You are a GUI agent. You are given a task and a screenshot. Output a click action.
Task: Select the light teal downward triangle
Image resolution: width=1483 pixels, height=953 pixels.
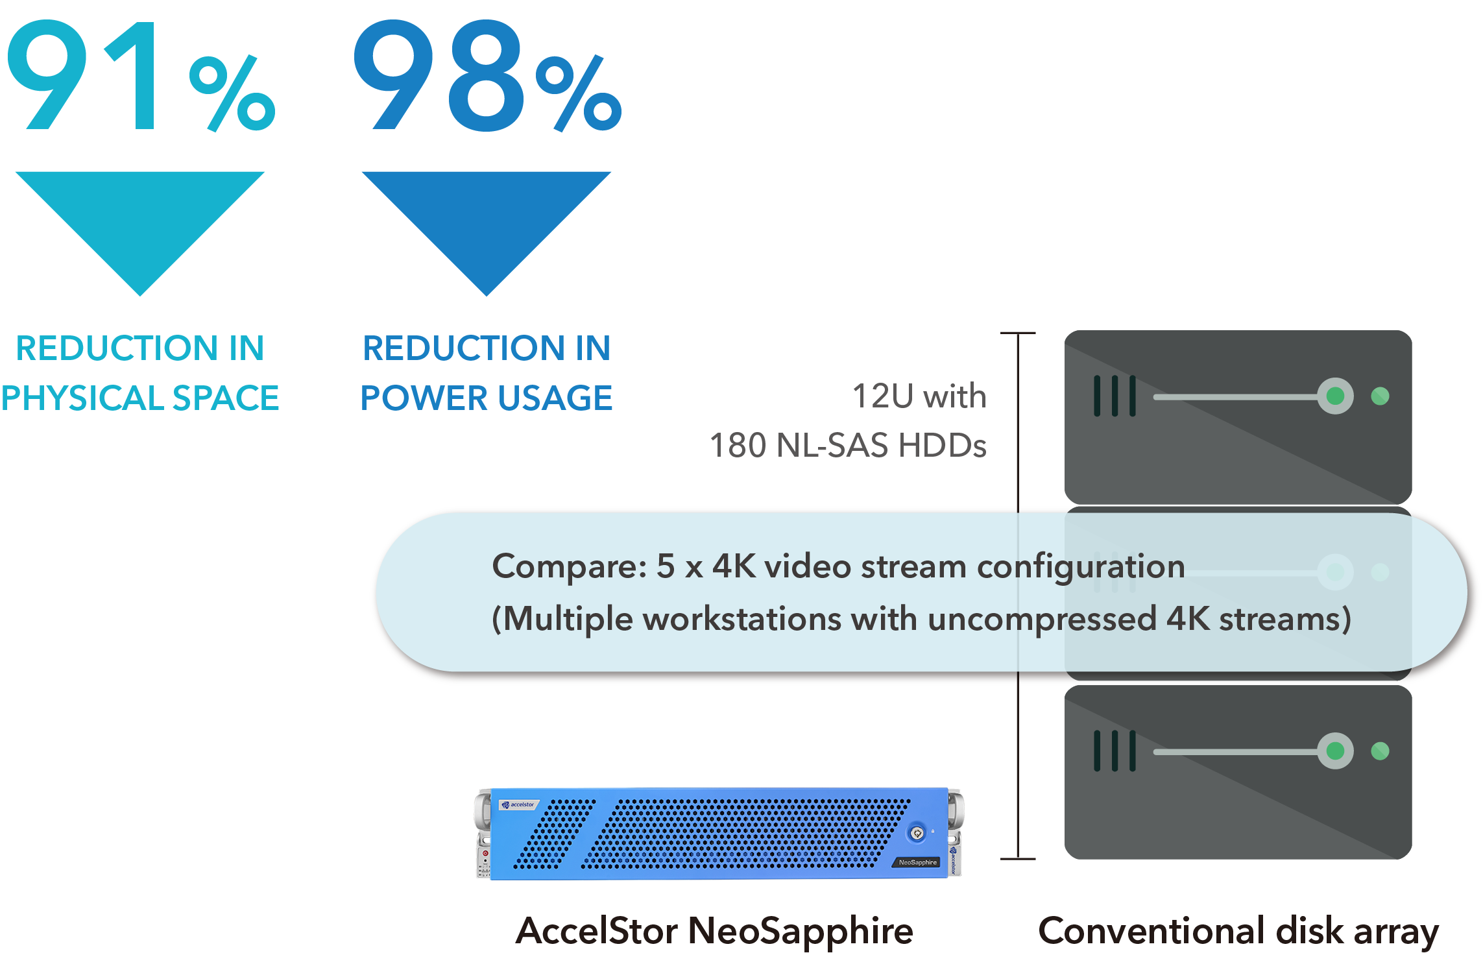click(139, 221)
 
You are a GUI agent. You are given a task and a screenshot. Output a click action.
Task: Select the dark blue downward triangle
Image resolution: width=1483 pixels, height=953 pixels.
click(486, 221)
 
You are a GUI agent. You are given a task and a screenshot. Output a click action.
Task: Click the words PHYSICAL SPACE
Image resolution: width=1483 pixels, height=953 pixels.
click(140, 398)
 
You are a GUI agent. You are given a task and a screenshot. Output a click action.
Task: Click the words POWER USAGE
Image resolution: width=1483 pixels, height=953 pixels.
click(487, 398)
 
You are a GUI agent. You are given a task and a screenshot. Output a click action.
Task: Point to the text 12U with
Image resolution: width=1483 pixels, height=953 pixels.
click(919, 396)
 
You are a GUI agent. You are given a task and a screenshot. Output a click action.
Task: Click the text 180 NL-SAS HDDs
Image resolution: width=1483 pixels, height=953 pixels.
click(848, 446)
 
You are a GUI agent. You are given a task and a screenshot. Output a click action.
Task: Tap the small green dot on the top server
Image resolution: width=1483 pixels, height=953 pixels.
click(1380, 396)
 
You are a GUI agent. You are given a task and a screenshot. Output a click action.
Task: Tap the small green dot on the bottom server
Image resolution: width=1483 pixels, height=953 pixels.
click(1380, 751)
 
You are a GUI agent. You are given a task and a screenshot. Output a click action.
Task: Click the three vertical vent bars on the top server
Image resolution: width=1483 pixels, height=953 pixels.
click(1115, 396)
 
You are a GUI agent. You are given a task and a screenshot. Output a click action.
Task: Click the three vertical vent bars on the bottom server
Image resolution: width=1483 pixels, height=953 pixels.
click(1115, 751)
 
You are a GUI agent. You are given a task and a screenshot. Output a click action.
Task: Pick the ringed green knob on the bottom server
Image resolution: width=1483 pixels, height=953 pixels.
click(1335, 751)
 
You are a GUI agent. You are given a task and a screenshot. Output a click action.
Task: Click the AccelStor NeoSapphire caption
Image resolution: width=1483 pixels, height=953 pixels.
click(714, 931)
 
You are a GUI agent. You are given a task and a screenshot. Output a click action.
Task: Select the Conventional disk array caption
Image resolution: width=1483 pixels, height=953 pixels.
click(1238, 931)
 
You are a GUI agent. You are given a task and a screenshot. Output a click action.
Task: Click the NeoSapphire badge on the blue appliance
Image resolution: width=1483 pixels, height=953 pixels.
click(917, 862)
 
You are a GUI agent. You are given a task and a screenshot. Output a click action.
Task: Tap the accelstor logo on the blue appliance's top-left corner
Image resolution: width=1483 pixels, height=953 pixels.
click(518, 805)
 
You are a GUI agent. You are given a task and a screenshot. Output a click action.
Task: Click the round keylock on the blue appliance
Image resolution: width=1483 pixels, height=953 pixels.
click(917, 833)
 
